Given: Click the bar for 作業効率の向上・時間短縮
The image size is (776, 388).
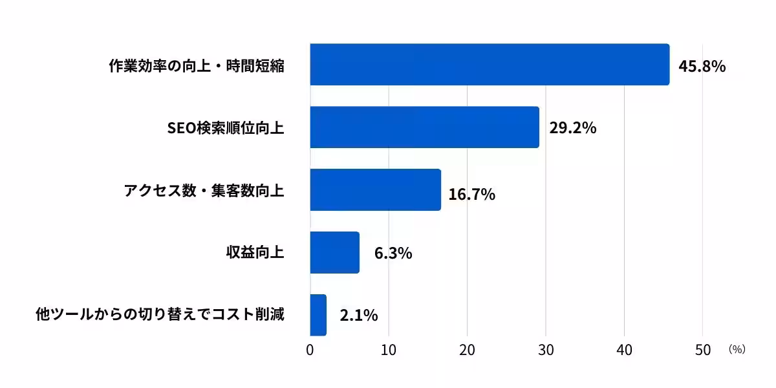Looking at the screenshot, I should (x=490, y=65).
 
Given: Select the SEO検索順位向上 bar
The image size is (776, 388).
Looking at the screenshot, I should (x=424, y=127).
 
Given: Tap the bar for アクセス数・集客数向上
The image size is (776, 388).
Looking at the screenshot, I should (x=375, y=189).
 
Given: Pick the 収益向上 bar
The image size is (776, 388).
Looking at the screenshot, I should (x=334, y=252).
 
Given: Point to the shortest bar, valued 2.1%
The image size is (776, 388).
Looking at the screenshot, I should (x=318, y=315).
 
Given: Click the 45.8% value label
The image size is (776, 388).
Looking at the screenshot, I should (x=702, y=66).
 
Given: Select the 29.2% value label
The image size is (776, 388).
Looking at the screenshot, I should (x=572, y=128).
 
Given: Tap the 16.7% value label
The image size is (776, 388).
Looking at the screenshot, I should (x=471, y=194).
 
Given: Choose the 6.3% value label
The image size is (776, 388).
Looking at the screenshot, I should (x=393, y=253).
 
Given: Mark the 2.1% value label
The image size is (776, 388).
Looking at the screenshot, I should (x=358, y=316).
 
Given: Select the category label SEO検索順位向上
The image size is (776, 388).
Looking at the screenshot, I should (x=225, y=128).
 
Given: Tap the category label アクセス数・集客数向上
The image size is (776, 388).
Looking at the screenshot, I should (x=204, y=191).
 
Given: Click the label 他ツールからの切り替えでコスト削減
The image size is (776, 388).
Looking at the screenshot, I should (x=160, y=316).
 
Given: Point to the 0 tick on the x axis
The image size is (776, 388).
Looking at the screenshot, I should (x=310, y=350).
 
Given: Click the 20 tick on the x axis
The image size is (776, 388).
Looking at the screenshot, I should (x=467, y=350).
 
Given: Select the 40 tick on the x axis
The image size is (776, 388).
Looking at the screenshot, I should (x=624, y=350).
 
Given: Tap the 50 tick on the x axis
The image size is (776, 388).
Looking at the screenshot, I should (x=702, y=350).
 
